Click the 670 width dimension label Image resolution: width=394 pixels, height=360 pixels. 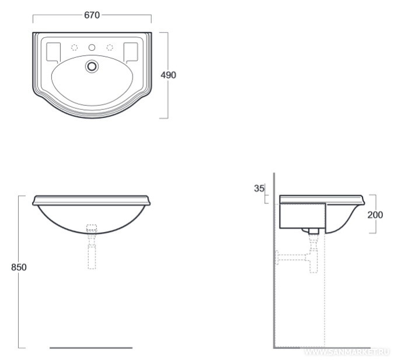[x=92, y=15]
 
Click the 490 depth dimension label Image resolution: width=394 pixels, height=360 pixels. [x=168, y=75]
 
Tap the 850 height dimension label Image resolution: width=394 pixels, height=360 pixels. [x=19, y=267]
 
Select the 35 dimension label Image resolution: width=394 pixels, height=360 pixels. [x=259, y=188]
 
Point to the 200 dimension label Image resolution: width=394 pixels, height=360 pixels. [x=375, y=215]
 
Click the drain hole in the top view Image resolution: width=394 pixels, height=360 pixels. [x=92, y=66]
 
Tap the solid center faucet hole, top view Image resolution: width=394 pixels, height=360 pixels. [x=92, y=47]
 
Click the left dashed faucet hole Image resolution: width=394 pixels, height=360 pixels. [x=74, y=47]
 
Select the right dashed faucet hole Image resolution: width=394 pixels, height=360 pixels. [x=110, y=47]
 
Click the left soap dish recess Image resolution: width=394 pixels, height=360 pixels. [x=54, y=53]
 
